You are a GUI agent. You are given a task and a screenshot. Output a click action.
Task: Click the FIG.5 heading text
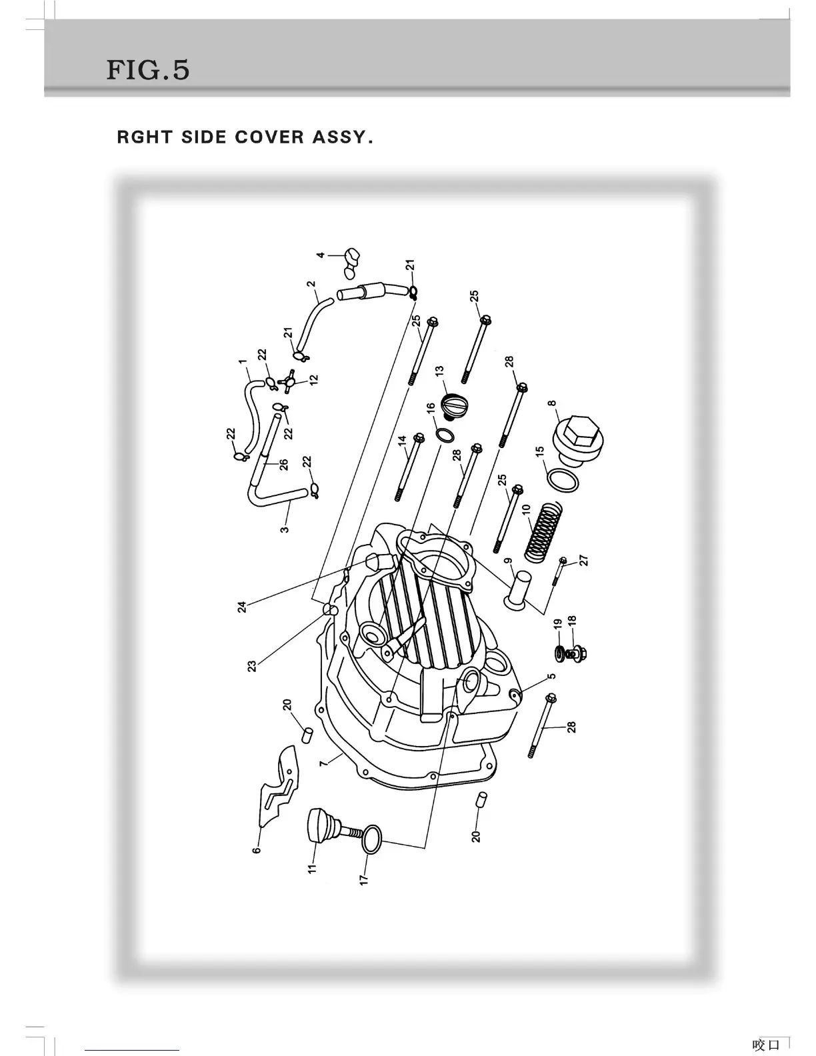click(x=147, y=69)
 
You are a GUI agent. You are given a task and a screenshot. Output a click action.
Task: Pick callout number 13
click(x=439, y=370)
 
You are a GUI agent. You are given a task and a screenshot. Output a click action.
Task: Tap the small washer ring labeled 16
click(x=445, y=435)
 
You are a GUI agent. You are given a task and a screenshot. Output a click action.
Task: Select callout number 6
click(x=256, y=849)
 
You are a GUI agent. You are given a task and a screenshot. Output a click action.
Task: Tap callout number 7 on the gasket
click(x=323, y=762)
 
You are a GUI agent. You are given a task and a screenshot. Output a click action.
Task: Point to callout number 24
click(x=243, y=607)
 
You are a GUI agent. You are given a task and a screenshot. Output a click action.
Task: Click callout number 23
click(x=252, y=665)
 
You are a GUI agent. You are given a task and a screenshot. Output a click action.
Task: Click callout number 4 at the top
click(x=321, y=255)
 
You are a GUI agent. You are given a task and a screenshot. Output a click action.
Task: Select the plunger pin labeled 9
click(x=517, y=589)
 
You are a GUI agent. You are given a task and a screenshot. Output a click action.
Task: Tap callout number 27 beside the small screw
click(x=584, y=560)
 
